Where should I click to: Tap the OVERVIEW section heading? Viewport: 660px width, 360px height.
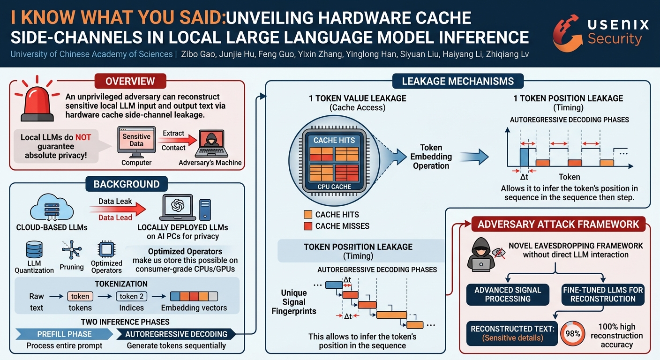[x=130, y=81]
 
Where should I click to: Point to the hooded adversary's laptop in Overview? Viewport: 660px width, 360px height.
[x=211, y=144]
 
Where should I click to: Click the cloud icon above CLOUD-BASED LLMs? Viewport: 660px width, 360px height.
[x=52, y=208]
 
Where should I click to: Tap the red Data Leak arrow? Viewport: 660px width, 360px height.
[x=118, y=209]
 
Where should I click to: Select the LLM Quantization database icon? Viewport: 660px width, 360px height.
[x=34, y=249]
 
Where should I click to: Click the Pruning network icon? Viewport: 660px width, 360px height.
[x=72, y=249]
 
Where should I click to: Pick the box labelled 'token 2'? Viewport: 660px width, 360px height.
[x=131, y=296]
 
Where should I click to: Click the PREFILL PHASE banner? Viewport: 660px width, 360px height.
[x=64, y=334]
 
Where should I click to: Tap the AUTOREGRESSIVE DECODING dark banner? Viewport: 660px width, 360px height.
[x=176, y=334]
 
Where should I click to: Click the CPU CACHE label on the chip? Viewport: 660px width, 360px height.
[x=334, y=187]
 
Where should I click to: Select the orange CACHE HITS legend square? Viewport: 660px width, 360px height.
[x=308, y=214]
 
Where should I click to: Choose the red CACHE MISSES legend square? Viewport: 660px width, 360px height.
[x=308, y=226]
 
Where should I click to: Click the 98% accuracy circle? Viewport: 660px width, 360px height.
[x=572, y=333]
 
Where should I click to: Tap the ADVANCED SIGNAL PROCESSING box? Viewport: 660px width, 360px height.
[x=508, y=294]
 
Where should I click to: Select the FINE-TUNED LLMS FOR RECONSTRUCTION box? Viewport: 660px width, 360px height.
[x=603, y=294]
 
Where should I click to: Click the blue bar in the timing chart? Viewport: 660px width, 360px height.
[x=524, y=157]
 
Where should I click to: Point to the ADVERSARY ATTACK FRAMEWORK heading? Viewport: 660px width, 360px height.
[x=558, y=224]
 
